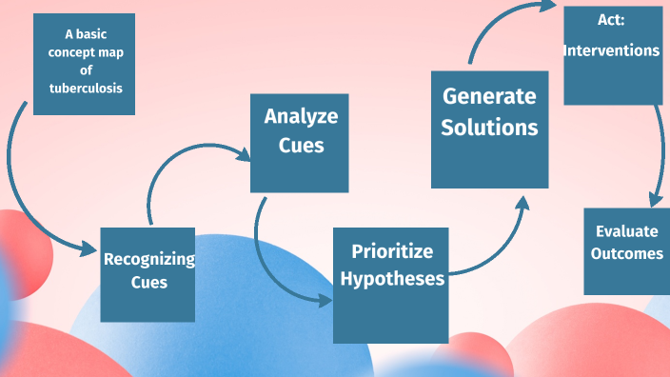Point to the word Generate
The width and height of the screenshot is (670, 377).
[x=489, y=96]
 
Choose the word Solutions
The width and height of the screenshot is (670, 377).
[x=489, y=127]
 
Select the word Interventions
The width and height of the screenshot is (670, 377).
[x=612, y=50]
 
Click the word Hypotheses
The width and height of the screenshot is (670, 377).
[x=392, y=279]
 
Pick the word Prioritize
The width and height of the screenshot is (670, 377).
[x=392, y=251]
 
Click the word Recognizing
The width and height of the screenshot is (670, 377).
[x=148, y=259]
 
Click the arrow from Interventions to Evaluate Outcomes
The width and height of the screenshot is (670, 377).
[x=658, y=152]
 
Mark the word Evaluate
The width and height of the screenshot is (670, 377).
[x=626, y=231]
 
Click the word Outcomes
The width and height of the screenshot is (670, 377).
[x=626, y=254]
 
